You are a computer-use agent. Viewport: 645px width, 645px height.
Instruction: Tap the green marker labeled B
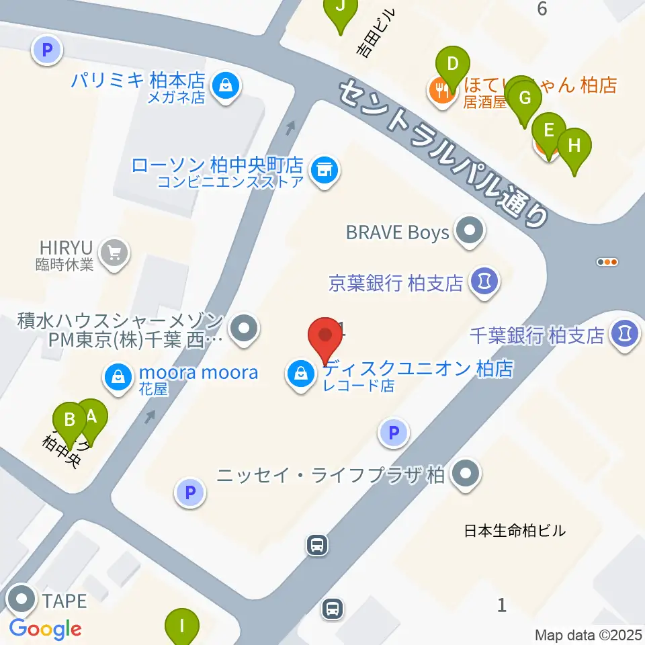[69, 422]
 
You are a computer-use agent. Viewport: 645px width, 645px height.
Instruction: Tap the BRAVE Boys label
[397, 232]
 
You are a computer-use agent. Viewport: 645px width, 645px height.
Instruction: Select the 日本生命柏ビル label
[515, 531]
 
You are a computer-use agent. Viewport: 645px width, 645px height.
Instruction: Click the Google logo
[45, 628]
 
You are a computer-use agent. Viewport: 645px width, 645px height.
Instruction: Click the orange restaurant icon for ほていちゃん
[441, 89]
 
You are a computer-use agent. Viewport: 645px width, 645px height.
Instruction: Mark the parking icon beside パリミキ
[47, 49]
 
